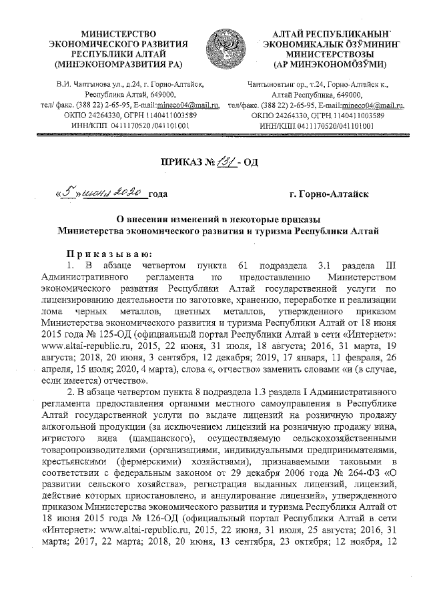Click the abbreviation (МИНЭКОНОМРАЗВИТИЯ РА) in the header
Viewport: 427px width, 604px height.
click(117, 65)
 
